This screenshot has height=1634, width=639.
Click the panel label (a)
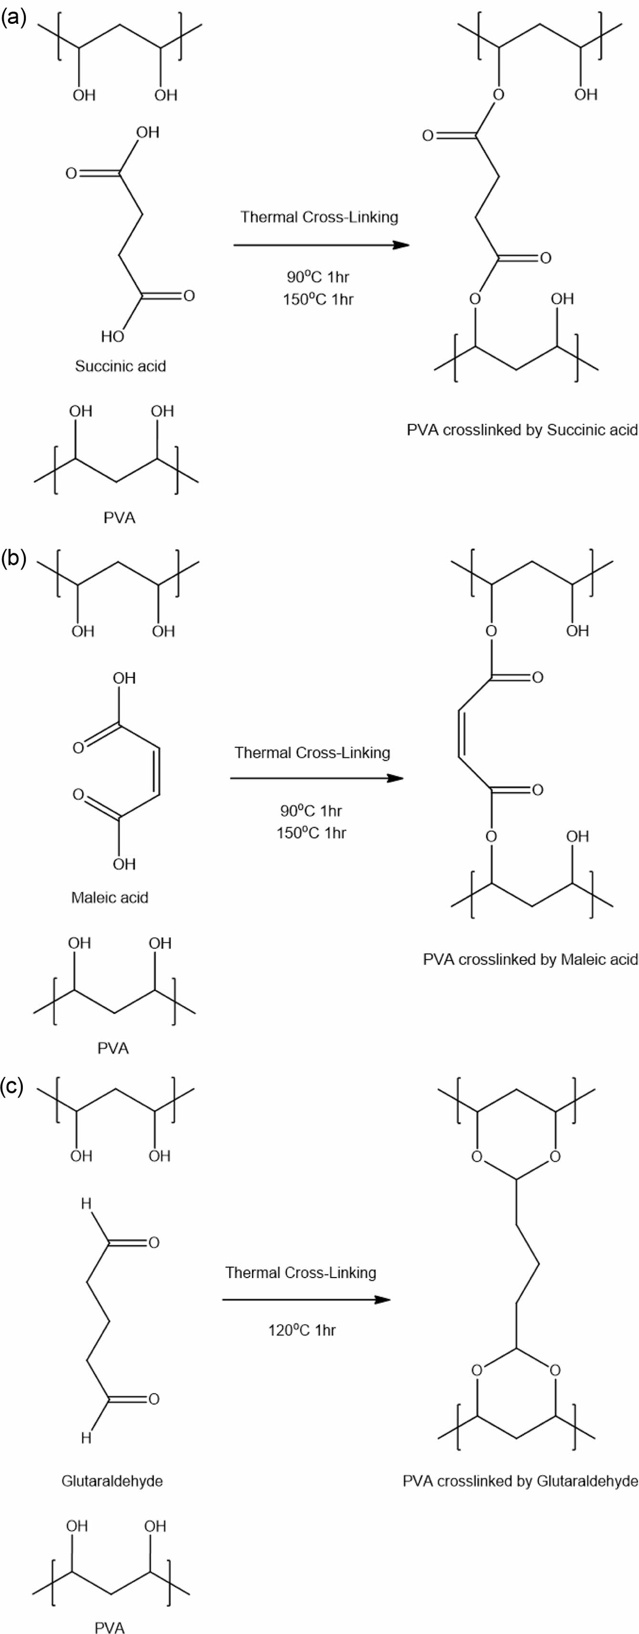pyautogui.click(x=13, y=17)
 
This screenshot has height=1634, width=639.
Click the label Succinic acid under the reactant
pyautogui.click(x=121, y=366)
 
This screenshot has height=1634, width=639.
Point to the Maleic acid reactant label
pyautogui.click(x=110, y=897)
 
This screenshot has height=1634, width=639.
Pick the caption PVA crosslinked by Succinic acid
pyautogui.click(x=522, y=430)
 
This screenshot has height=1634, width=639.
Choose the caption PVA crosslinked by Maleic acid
pyautogui.click(x=530, y=959)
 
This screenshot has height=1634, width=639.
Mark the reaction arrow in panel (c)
pyautogui.click(x=306, y=1299)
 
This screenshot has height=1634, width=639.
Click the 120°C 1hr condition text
pyautogui.click(x=302, y=1330)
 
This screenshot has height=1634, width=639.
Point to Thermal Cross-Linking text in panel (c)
pyautogui.click(x=301, y=1272)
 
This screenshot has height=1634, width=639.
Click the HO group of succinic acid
pyautogui.click(x=112, y=336)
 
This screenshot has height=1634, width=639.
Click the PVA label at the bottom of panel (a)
pyautogui.click(x=119, y=518)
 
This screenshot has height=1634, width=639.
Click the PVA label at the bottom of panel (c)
pyautogui.click(x=109, y=1627)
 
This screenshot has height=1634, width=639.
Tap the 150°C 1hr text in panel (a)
pyautogui.click(x=318, y=299)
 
